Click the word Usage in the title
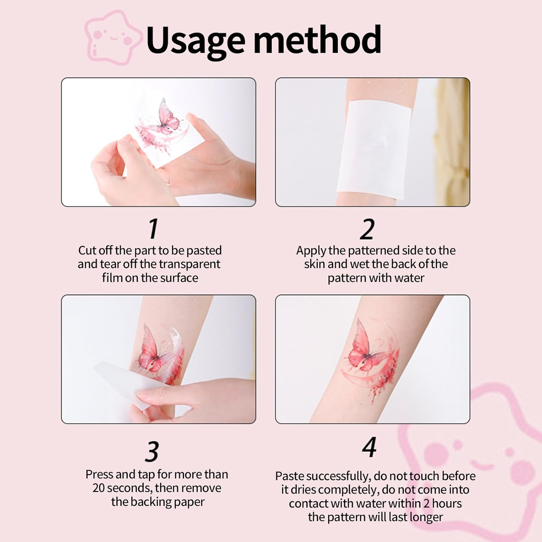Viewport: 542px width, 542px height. (x=195, y=40)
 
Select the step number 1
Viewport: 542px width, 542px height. (x=154, y=229)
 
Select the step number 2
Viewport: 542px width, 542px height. (x=367, y=229)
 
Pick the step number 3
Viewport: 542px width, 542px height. (x=152, y=451)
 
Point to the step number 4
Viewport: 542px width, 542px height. (x=369, y=447)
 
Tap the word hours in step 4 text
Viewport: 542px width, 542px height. (x=447, y=503)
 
